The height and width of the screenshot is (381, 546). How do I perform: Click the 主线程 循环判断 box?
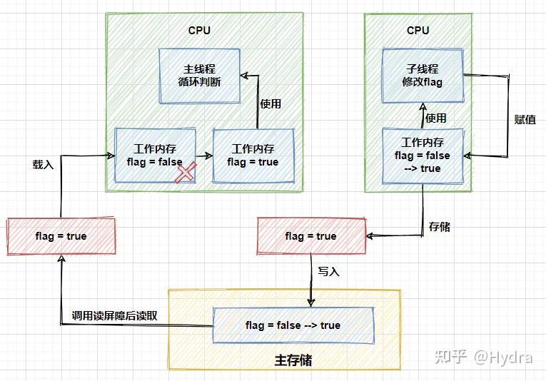tap(199, 75)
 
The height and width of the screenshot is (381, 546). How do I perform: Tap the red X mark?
tap(186, 172)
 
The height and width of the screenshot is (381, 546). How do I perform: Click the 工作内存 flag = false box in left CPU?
tap(155, 155)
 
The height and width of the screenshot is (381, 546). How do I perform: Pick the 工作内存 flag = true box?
tap(253, 155)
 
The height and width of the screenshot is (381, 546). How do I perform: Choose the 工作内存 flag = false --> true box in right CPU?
tap(423, 155)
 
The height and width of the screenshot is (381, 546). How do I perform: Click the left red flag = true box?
tap(61, 236)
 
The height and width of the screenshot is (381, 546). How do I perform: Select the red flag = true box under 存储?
tap(310, 236)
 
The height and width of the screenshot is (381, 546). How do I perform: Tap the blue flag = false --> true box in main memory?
tap(293, 325)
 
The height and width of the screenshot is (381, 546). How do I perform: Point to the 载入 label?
tap(42, 163)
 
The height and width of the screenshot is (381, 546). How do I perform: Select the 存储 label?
tap(439, 227)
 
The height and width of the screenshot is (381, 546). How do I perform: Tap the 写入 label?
tap(328, 271)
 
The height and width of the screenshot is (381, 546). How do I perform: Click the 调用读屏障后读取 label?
tap(115, 315)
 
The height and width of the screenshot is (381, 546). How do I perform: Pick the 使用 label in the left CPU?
tap(271, 103)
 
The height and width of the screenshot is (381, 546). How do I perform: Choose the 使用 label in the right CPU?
tap(435, 118)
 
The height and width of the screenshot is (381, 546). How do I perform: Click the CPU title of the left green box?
tap(199, 30)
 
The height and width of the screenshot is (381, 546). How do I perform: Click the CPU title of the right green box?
tap(418, 30)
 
